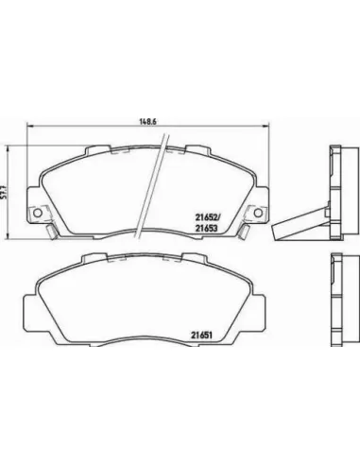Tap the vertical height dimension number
pyautogui.click(x=4, y=192)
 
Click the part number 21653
pyautogui.click(x=206, y=229)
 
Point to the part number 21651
pyautogui.click(x=200, y=336)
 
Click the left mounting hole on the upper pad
pyautogui.click(x=38, y=213)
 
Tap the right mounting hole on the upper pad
pyautogui.click(x=258, y=213)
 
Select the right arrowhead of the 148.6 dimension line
pyautogui.click(x=266, y=126)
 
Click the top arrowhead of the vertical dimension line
pyautogui.click(x=8, y=148)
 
